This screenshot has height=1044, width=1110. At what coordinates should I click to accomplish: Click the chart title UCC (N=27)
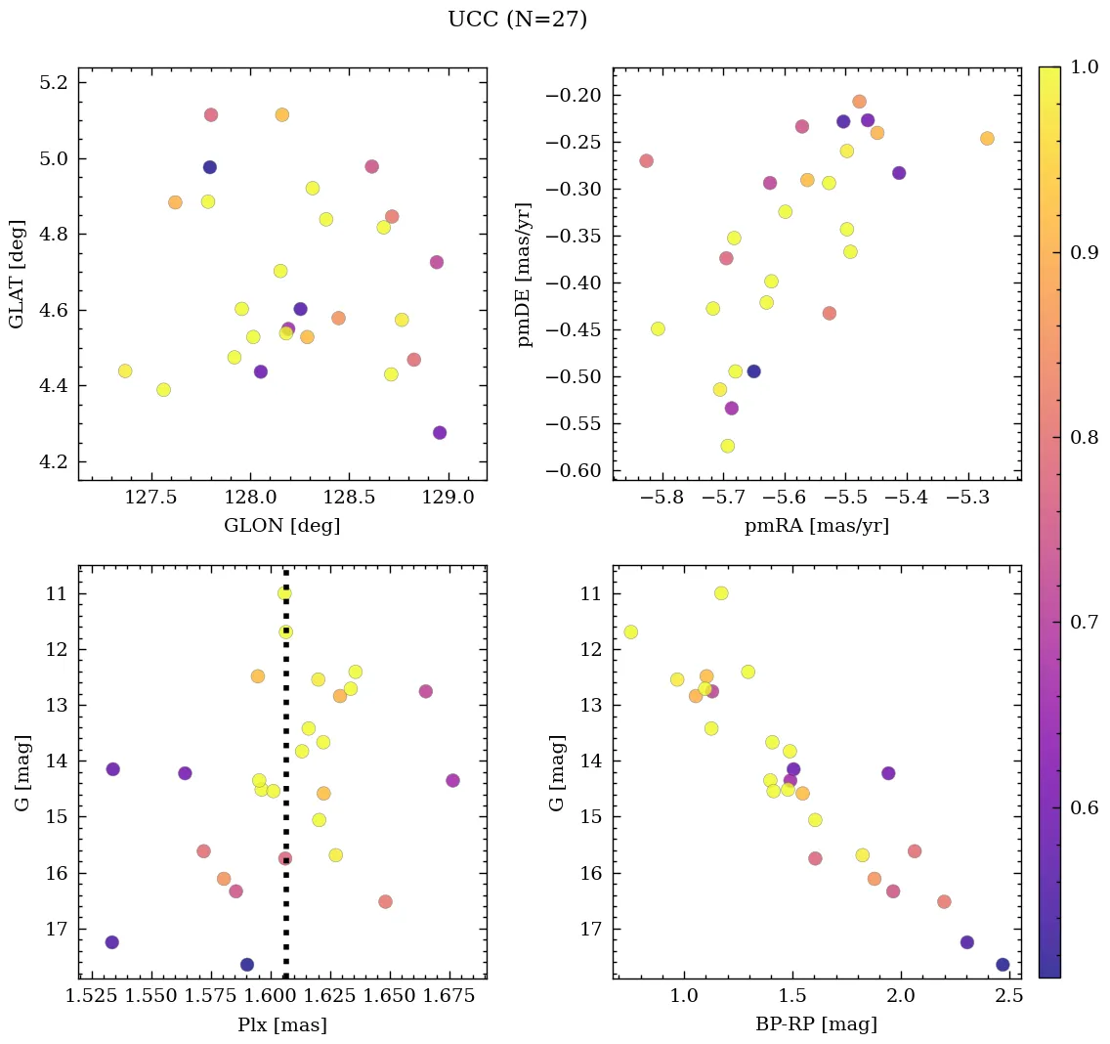[517, 20]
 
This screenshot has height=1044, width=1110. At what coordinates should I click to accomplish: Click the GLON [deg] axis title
[281, 526]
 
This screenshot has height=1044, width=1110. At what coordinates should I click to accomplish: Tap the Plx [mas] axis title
[281, 1024]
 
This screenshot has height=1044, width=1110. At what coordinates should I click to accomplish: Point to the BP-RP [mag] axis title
[817, 1024]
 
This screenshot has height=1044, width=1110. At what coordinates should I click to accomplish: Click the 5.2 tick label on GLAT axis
[52, 82]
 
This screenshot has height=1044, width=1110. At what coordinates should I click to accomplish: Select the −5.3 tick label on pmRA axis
[968, 497]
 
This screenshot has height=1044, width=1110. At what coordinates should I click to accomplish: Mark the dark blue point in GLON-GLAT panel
[209, 167]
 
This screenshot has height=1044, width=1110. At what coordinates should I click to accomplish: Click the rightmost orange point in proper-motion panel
[987, 139]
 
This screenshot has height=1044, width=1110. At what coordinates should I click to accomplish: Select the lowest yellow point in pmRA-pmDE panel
[727, 446]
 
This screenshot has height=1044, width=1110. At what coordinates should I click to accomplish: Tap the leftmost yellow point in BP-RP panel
[630, 631]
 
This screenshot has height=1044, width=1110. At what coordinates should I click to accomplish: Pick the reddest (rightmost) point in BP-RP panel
[1003, 965]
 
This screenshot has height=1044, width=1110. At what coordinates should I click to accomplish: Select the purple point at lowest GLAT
[440, 433]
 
